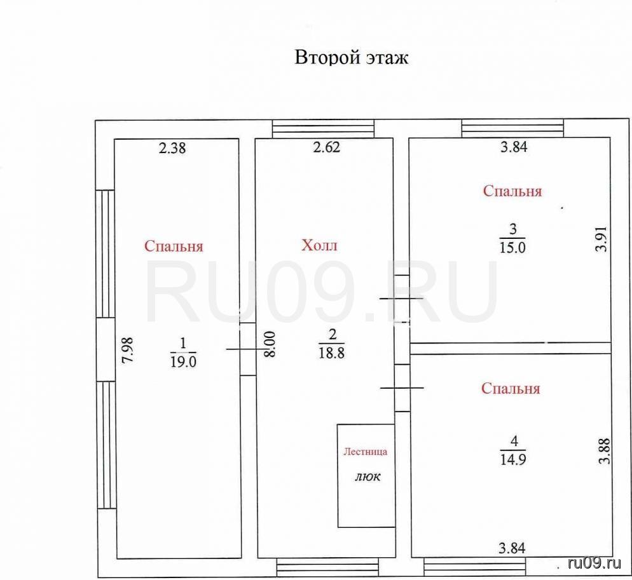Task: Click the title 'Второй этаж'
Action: click(x=352, y=58)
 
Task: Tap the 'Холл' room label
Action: click(x=319, y=245)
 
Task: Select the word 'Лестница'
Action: click(x=365, y=452)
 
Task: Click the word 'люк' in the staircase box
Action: click(x=368, y=477)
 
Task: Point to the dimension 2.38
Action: click(x=172, y=148)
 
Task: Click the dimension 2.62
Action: click(x=326, y=147)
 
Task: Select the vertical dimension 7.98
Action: click(x=128, y=350)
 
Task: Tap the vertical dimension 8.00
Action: click(x=270, y=344)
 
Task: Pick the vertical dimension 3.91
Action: click(x=601, y=238)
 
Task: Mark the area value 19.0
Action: click(x=183, y=361)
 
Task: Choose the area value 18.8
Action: click(x=332, y=353)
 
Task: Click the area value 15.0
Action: click(x=512, y=247)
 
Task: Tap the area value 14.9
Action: click(x=513, y=459)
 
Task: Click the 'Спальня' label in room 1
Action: click(x=174, y=246)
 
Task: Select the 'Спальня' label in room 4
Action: click(x=511, y=388)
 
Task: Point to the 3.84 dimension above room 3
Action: click(x=514, y=147)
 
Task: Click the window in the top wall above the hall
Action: click(x=323, y=129)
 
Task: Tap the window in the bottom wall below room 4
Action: click(x=475, y=567)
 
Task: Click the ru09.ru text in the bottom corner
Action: click(x=594, y=563)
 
